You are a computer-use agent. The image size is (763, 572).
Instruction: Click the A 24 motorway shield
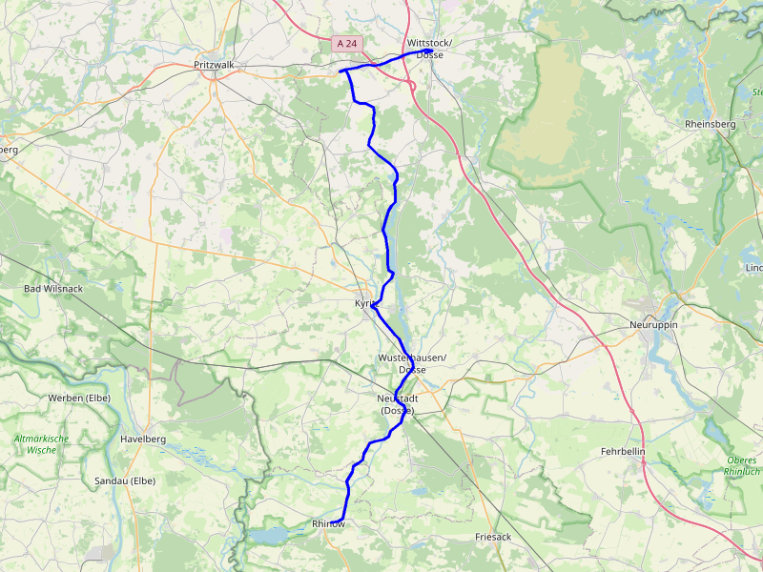[x=347, y=44]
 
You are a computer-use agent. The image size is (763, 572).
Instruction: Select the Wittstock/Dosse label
[x=429, y=50]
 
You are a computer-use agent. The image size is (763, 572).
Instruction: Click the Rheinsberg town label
[x=711, y=124]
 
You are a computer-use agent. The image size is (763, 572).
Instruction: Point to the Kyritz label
[x=367, y=303]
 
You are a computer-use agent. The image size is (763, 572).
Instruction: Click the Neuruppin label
[x=653, y=324]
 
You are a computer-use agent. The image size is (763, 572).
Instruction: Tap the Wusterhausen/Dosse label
[x=412, y=363]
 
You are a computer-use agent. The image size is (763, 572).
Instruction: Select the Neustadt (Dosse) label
[x=399, y=404]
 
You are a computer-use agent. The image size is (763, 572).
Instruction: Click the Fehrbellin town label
[x=624, y=451]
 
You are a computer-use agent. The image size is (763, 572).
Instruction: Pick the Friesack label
[x=493, y=538]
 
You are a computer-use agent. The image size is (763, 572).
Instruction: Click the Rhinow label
[x=327, y=524]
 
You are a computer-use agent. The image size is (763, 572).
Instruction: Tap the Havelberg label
[x=143, y=439]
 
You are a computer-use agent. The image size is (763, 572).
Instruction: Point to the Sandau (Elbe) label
[x=125, y=481]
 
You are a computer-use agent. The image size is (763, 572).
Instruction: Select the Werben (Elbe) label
[x=79, y=398]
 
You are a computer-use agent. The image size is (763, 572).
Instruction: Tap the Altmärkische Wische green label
[x=41, y=444]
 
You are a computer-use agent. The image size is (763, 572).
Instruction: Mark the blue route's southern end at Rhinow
[x=341, y=520]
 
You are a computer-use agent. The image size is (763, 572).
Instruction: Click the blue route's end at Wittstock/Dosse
[x=417, y=52]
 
